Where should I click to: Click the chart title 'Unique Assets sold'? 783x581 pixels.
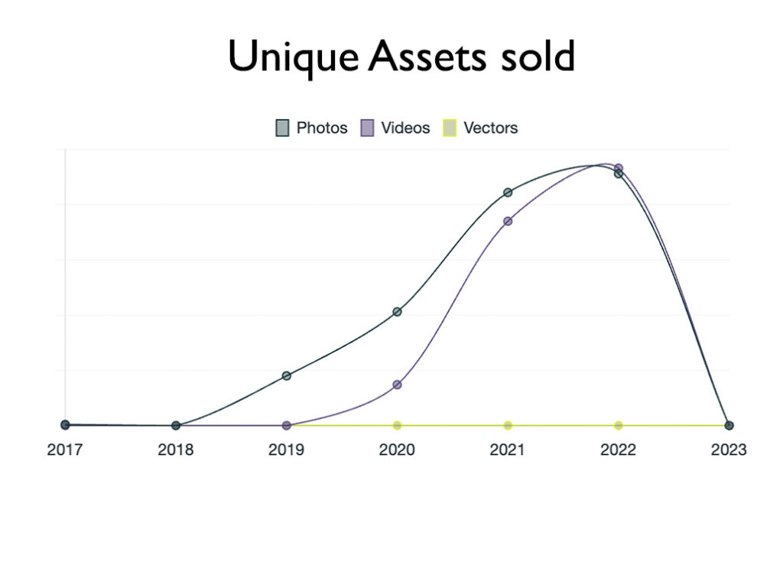401,57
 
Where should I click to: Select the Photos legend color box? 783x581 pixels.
282,128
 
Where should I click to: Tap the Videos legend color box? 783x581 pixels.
367,128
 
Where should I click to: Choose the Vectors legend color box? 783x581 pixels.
450,128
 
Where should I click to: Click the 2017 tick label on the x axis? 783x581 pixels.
65,450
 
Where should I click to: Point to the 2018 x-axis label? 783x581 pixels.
176,450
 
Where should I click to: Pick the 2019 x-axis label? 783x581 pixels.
286,450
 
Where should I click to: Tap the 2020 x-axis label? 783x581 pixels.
397,450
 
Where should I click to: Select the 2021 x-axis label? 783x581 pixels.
508,450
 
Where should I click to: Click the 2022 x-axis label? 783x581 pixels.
618,450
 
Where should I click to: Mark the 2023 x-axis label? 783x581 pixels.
729,450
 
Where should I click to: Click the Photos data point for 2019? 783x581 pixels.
287,376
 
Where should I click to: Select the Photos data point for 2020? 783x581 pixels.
397,312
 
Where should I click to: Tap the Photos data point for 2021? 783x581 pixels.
508,193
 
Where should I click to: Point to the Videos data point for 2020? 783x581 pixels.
397,385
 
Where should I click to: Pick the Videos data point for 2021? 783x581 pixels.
508,221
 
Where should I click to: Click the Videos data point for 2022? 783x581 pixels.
619,167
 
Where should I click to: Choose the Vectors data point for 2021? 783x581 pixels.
508,425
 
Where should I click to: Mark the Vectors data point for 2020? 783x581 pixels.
397,425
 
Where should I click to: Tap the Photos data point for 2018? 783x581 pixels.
176,425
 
